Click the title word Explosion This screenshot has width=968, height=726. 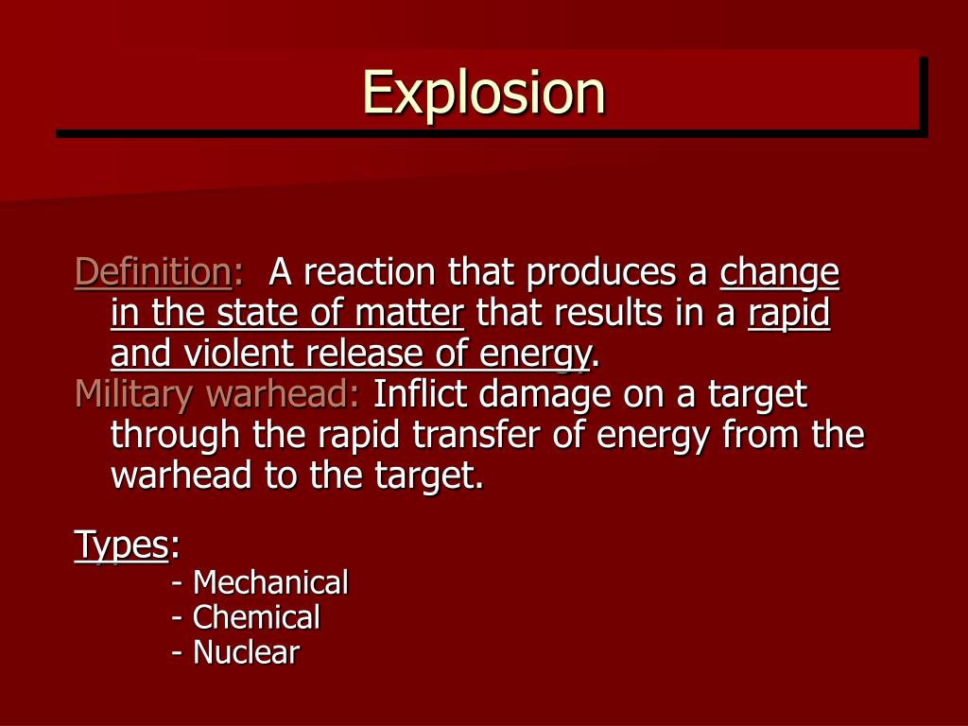pos(484,94)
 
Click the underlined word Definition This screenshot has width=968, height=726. pos(152,272)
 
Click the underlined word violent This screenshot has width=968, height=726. pos(238,354)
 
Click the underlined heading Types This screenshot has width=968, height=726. pos(121,545)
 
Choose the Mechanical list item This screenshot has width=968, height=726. pos(269,582)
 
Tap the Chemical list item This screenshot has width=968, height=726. pos(255,617)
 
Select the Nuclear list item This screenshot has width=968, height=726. pos(245,652)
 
